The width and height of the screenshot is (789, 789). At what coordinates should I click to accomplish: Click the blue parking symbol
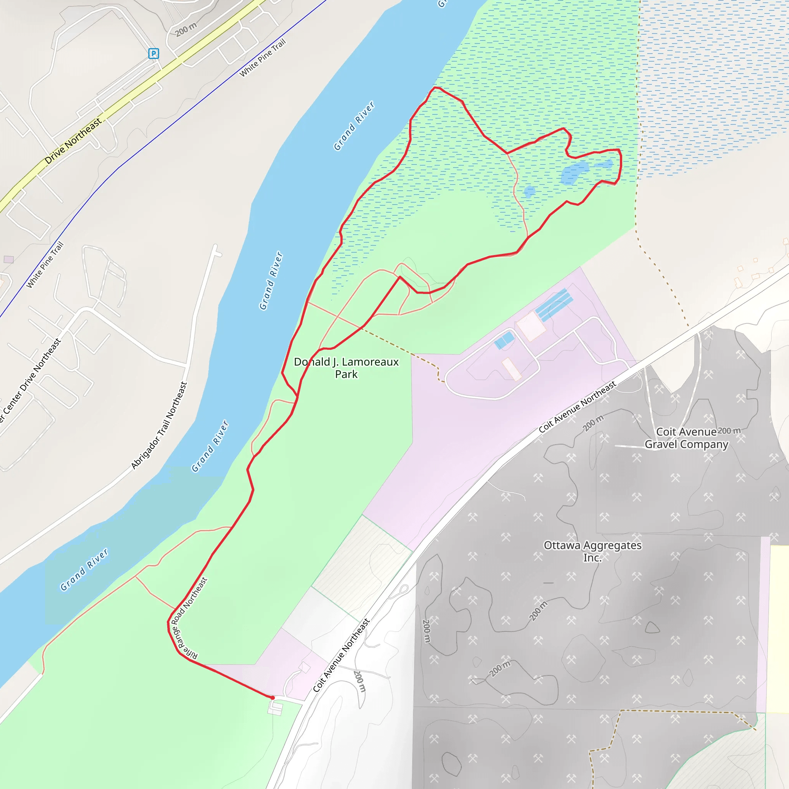coord(154,54)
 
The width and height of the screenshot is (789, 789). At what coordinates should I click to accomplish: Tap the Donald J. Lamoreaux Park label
coord(346,368)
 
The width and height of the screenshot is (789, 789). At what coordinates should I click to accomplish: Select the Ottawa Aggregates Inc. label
coord(592,551)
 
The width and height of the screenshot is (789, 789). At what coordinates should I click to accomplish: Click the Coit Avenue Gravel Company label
coord(686,438)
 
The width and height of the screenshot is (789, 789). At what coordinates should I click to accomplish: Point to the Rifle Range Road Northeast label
coord(190,619)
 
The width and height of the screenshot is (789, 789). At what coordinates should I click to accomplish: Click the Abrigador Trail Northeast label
coord(159,426)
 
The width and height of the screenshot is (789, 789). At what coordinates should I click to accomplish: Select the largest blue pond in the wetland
coord(574,172)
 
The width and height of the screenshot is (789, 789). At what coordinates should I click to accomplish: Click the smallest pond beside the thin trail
coord(529,191)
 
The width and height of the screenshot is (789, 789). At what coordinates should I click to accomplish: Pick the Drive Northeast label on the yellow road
coord(73,141)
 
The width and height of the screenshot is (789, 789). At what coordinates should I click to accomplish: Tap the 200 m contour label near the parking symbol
coord(186,29)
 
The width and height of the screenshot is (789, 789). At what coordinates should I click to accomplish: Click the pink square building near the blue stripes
coord(530,326)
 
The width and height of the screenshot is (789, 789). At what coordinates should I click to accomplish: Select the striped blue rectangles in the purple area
coord(554,304)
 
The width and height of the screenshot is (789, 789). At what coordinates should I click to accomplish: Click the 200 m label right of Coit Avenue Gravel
coord(729,431)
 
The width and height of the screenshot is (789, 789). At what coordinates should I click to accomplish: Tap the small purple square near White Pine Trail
coord(8,259)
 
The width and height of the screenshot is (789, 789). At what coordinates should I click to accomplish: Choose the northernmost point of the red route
coord(435,87)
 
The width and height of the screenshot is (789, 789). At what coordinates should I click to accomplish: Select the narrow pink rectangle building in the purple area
coord(511,369)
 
